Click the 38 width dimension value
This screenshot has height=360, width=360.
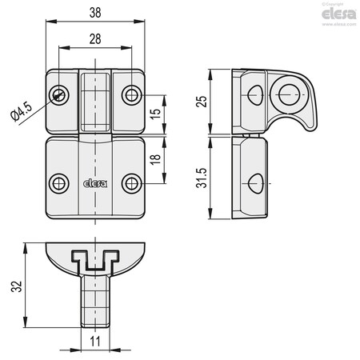pos(94,12)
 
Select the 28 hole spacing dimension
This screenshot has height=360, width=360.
pos(94,39)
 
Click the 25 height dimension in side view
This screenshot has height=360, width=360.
pos(203,102)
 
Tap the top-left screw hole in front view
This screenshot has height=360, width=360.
pos(58,95)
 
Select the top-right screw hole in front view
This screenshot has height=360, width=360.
pos(130,95)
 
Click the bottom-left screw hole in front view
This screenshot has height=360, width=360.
pos(58,183)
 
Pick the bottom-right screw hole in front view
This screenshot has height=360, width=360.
pos(130,183)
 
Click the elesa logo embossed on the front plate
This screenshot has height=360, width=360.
pos(94,182)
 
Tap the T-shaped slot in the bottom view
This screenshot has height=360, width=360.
pos(94,261)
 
